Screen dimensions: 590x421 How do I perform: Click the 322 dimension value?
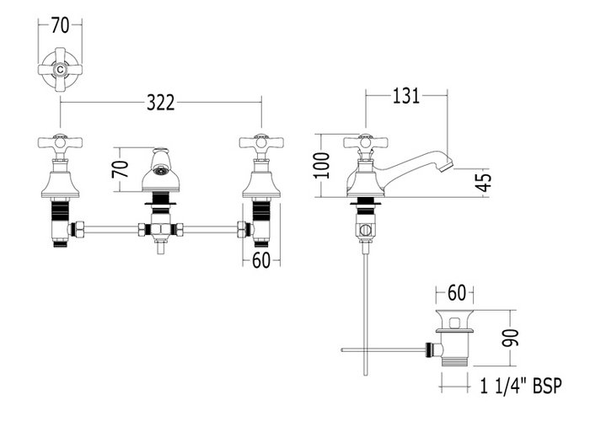click(x=161, y=102)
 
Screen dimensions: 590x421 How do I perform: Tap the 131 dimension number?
click(x=406, y=96)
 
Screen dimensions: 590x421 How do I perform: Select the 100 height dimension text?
click(x=323, y=165)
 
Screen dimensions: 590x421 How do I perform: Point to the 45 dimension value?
click(x=485, y=183)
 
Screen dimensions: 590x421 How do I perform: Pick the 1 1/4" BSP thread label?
click(x=521, y=386)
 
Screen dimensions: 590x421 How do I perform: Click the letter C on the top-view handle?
click(x=60, y=70)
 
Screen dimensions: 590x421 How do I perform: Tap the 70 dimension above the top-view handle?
click(x=60, y=25)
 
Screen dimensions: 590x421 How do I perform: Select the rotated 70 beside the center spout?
click(x=121, y=169)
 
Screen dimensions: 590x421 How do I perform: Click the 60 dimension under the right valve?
click(x=261, y=260)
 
